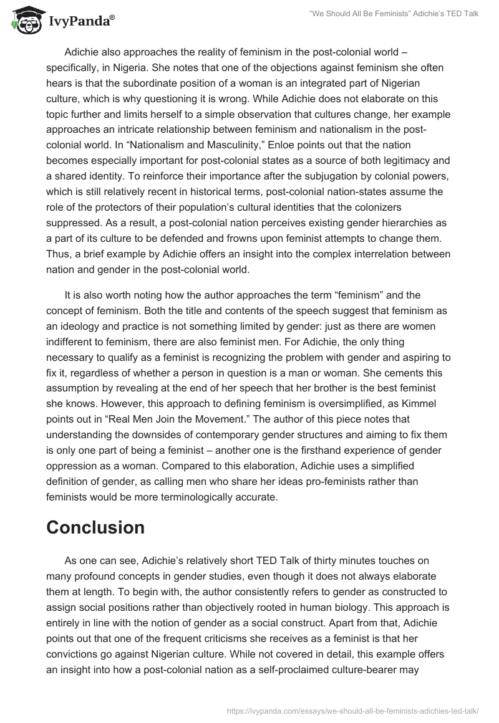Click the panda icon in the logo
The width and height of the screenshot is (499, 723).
point(24,22)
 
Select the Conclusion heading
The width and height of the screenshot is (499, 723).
point(95,527)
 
